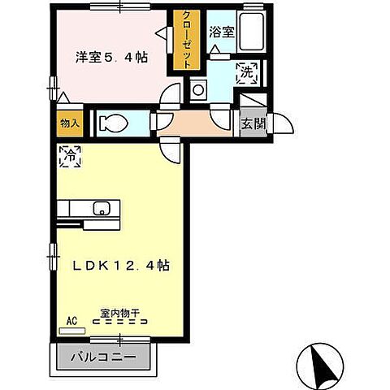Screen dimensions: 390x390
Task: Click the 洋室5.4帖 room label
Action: tap(110, 58)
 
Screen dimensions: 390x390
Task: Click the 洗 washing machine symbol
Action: tap(246, 72)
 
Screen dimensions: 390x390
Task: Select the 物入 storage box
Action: tap(68, 123)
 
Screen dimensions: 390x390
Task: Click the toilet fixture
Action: tap(113, 123)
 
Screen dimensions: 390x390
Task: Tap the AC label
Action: tap(71, 321)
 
